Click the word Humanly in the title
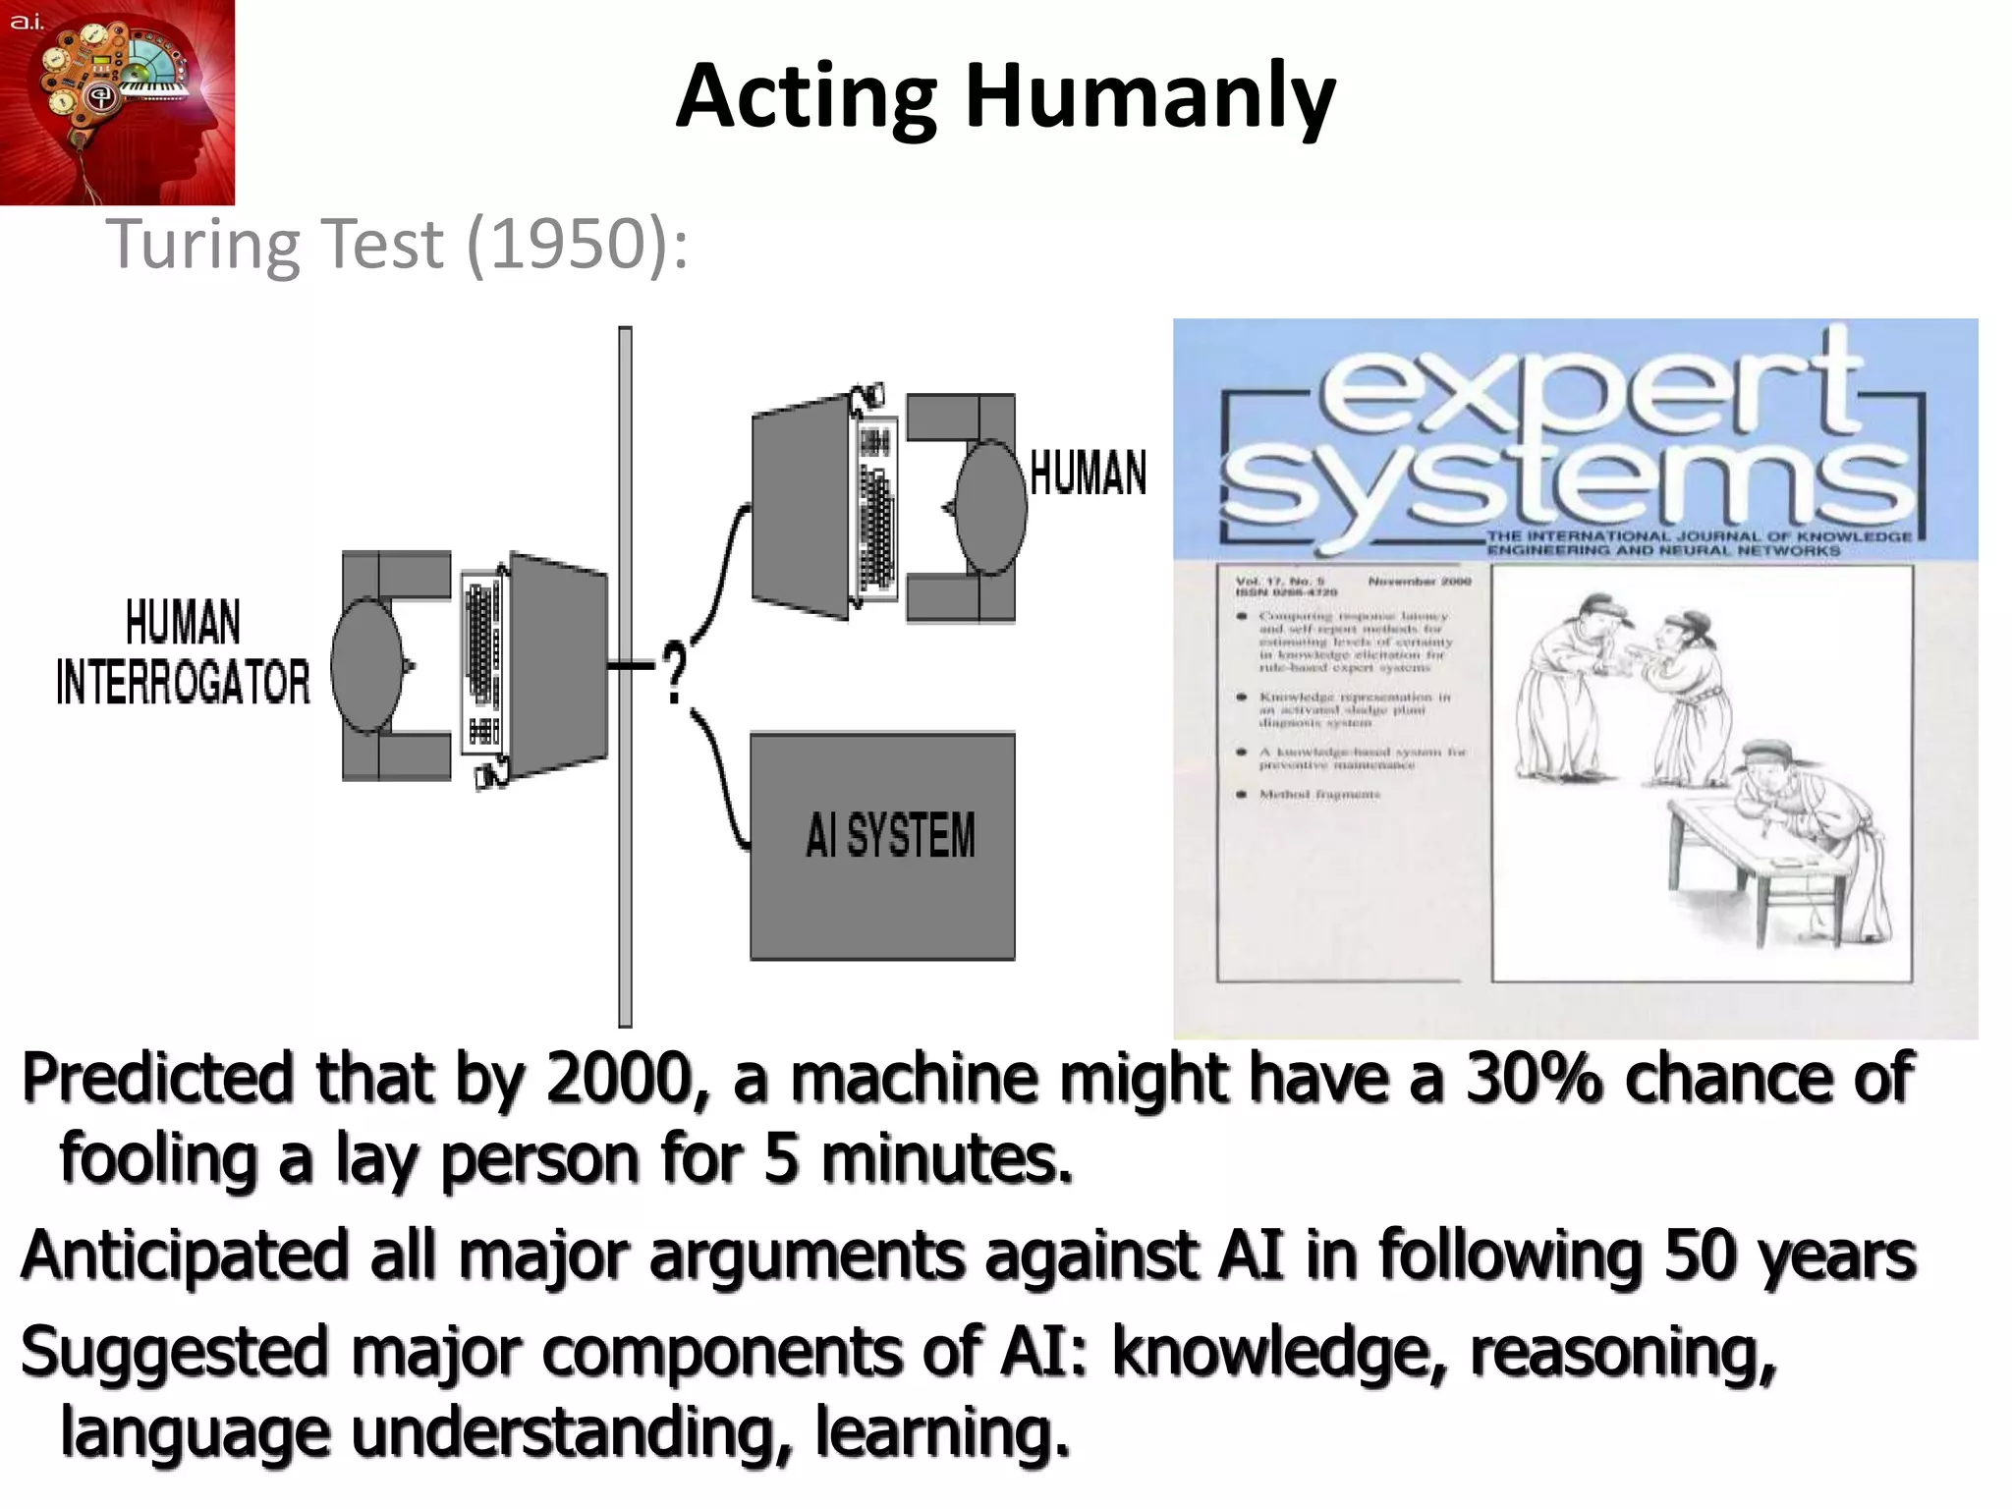1149,98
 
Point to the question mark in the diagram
674,673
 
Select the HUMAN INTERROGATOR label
183,652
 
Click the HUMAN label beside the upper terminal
1088,474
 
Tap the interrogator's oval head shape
366,666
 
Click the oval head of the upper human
990,507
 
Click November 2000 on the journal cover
1420,582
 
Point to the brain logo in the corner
117,101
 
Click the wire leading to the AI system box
724,786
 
